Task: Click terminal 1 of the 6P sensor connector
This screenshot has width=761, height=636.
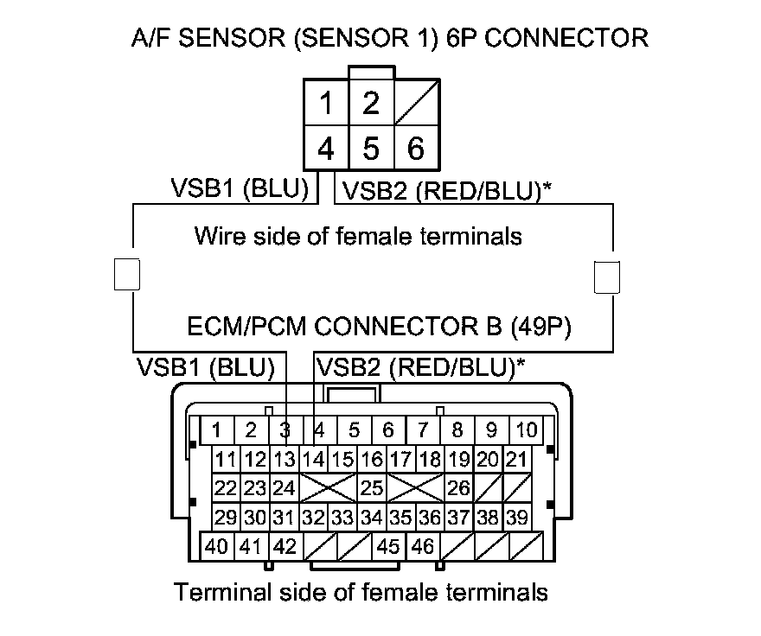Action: click(326, 105)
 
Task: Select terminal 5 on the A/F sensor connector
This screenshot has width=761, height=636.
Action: click(371, 149)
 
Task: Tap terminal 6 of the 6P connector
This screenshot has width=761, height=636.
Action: click(416, 149)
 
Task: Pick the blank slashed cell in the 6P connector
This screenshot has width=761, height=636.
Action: click(416, 105)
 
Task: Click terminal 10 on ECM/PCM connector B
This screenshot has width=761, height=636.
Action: click(526, 429)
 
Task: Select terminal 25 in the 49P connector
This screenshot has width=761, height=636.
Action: click(372, 488)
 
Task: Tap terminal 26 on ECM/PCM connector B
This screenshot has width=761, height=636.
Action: click(459, 488)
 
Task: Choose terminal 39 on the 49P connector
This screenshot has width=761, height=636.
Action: click(517, 518)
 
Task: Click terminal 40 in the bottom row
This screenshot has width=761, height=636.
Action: click(217, 546)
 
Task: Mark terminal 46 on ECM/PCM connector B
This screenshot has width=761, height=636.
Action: click(424, 546)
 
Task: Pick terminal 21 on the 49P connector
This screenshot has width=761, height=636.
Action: click(517, 459)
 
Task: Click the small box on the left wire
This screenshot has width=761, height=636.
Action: click(126, 274)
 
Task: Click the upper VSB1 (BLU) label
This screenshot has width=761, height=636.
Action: click(240, 189)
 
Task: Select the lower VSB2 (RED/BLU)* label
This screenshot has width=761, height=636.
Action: click(420, 367)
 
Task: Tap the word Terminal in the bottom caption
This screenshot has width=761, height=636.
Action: click(222, 593)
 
